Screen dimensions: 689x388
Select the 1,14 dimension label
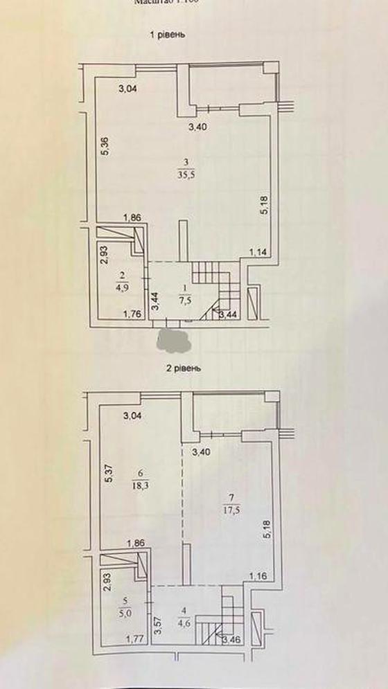point(257,253)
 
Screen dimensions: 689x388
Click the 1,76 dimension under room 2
point(132,316)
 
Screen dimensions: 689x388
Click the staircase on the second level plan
point(220,616)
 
